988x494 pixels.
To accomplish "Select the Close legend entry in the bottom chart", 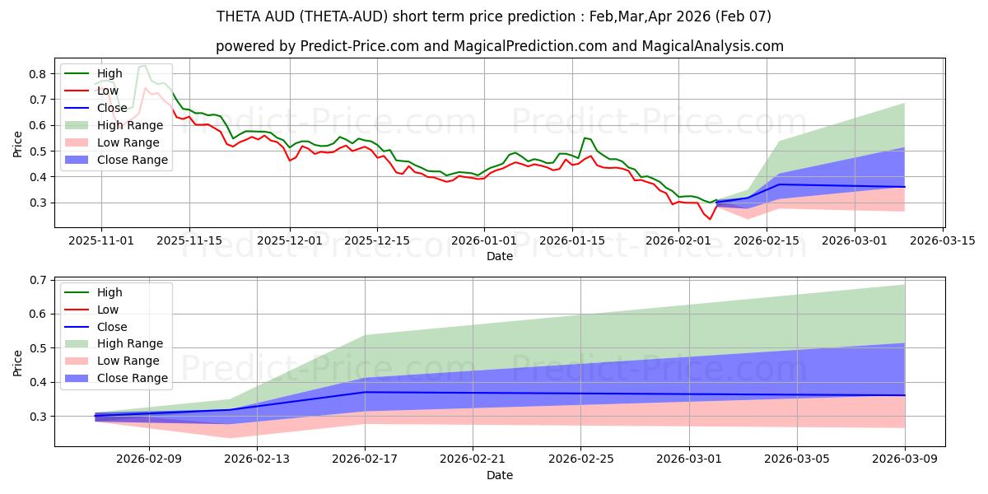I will pos(112,327).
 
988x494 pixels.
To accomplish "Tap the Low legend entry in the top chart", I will pos(108,91).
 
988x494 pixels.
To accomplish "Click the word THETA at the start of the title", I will pos(240,16).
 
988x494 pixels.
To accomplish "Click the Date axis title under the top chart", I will pos(500,256).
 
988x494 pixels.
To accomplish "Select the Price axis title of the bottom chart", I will pos(18,363).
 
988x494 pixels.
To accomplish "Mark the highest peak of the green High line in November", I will pos(144,66).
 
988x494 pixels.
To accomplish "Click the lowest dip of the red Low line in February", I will pos(710,219).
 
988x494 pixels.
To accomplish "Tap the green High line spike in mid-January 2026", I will pos(585,137).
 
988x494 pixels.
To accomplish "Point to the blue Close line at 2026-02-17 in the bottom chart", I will pos(365,392).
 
